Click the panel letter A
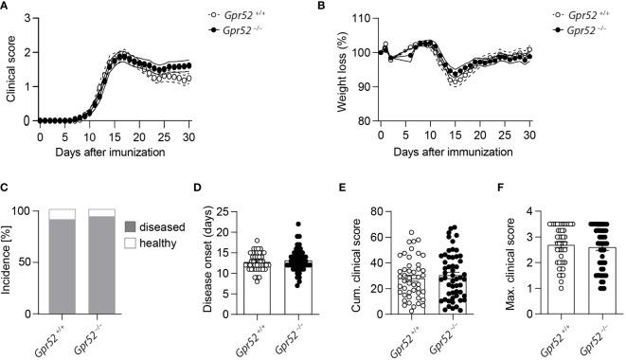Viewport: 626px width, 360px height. (8, 9)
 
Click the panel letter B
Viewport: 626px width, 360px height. (319, 9)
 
